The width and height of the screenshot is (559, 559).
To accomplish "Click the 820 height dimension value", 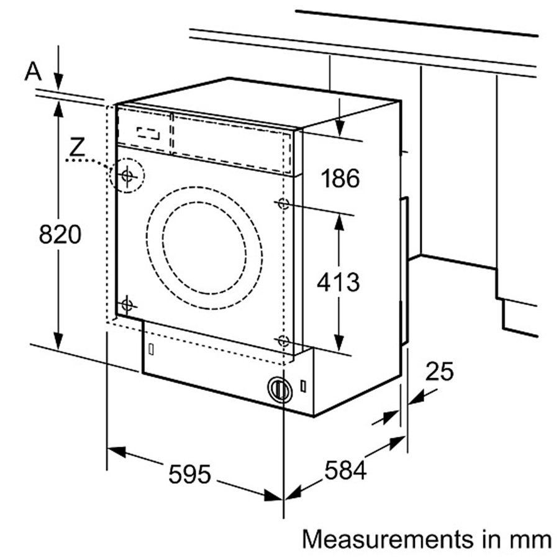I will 60,234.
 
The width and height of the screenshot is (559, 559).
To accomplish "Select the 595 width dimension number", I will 190,475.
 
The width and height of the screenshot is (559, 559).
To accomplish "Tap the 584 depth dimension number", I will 345,470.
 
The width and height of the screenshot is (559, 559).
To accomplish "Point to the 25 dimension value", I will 440,371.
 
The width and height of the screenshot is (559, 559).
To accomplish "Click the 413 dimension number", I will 338,282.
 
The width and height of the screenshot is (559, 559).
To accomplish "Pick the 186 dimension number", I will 340,179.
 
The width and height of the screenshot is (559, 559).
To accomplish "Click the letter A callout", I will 33,71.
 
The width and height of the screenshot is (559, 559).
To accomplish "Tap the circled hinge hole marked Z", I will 127,176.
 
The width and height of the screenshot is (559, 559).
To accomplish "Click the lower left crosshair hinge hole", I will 127,304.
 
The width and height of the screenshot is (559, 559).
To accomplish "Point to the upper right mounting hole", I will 283,203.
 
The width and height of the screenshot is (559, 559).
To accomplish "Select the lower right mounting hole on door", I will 283,340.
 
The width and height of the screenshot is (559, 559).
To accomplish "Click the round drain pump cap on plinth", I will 279,389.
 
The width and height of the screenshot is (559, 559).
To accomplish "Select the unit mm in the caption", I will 532,538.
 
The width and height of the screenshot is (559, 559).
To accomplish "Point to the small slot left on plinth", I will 151,348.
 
